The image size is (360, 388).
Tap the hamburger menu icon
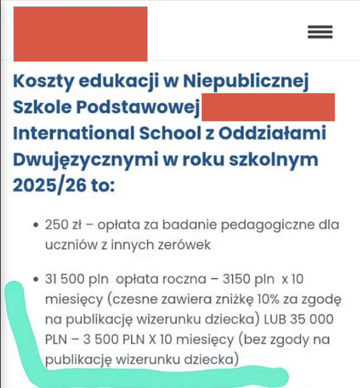320,32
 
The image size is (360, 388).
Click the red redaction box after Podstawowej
268,107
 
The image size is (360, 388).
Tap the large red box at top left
80,34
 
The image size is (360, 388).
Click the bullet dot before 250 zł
37,226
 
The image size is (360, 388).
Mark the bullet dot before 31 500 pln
37,279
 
